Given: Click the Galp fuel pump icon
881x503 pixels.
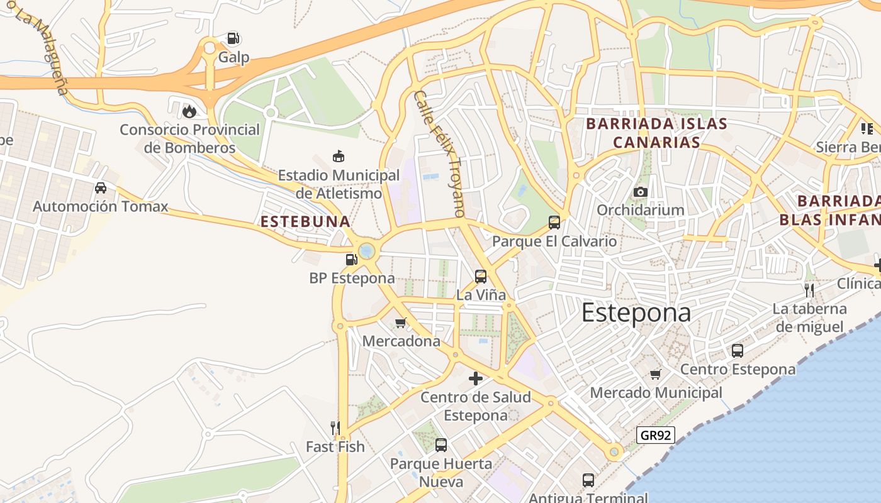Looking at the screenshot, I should pos(233,39).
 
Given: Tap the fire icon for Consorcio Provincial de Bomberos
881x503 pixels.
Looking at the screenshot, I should pos(189,111).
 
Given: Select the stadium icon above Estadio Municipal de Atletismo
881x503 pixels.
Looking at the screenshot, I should pos(339,156).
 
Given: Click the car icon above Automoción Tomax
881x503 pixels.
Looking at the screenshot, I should pos(101,188).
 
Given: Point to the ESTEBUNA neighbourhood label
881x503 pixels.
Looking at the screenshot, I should pos(305,221).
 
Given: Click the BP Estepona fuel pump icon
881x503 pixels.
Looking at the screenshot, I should pos(351,259).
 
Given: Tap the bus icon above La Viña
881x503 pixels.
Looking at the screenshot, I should pos(481,276).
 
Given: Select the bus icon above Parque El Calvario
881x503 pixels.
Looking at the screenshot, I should pos(554,223).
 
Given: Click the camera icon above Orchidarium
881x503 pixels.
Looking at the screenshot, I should pos(641,192).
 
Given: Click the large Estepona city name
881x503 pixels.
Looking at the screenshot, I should pos(636,312).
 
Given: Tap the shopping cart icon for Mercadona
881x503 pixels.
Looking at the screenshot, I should pos(400,323).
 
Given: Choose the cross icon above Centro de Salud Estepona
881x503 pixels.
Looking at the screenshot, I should pos(476,379).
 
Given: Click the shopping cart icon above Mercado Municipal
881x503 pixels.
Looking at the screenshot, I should pos(656,374).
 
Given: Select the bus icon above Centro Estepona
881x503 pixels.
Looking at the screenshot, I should pos(738,351).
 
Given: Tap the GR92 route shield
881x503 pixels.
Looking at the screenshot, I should pos(655,434).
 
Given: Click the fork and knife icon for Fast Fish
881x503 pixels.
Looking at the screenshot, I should pos(335,428).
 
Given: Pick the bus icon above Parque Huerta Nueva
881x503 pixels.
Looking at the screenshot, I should pos(441,445).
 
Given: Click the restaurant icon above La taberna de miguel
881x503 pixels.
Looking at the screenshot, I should pos(809,290).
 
